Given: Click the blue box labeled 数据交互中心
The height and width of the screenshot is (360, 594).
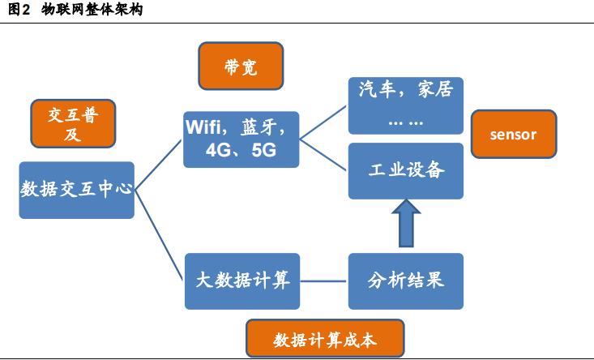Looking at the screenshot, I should point(76,190).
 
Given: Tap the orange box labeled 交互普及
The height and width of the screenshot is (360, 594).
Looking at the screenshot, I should point(73,123).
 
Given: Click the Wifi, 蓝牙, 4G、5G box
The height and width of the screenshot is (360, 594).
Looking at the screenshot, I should point(241,139).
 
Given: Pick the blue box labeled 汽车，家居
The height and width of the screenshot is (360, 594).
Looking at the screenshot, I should point(405,105).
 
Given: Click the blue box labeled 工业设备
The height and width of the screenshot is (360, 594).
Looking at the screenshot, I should point(405,171).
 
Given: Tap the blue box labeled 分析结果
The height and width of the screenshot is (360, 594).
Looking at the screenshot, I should point(405,281).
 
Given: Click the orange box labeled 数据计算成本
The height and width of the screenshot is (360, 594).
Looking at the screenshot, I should point(325,339).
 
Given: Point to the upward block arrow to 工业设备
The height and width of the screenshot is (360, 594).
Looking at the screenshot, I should point(405,225).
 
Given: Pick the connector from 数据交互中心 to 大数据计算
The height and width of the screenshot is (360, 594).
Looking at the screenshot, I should point(160,235).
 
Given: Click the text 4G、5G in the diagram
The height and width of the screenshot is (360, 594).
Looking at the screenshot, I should point(241,151).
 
